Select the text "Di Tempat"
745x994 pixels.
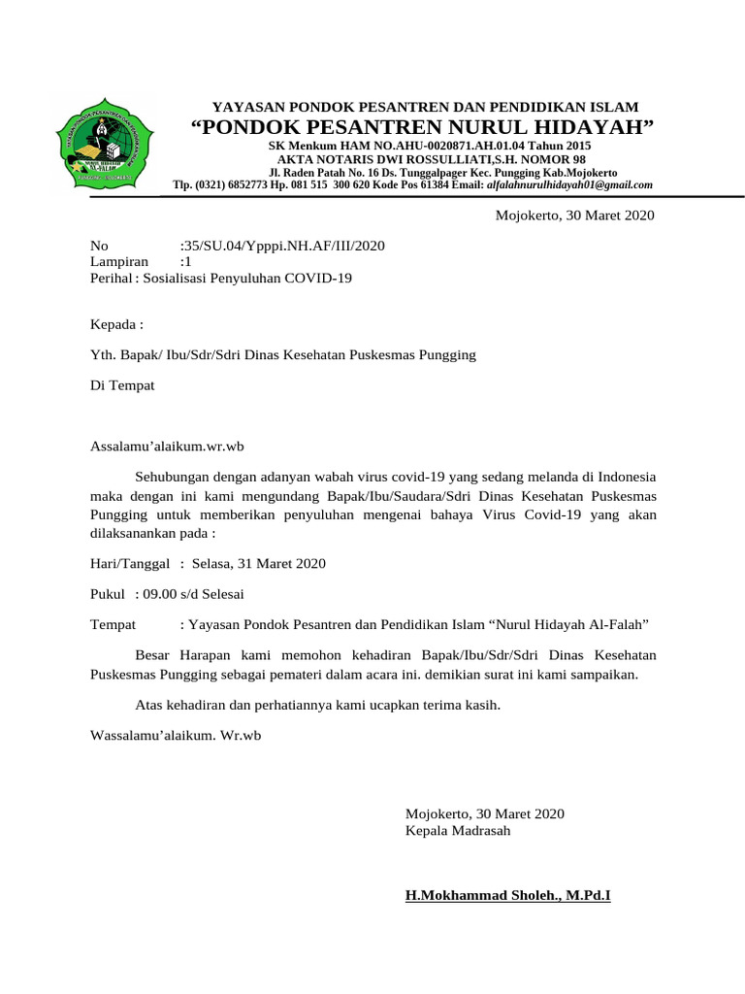[x=122, y=385]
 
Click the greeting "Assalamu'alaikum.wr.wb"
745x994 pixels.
[x=167, y=446]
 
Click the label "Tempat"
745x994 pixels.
[x=113, y=624]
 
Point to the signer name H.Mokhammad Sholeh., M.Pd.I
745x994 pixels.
[x=507, y=895]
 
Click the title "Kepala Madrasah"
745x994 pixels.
[x=458, y=831]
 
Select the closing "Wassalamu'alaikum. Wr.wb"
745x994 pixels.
[x=176, y=736]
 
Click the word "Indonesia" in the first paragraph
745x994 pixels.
[x=627, y=477]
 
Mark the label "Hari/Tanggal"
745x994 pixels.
[x=130, y=563]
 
